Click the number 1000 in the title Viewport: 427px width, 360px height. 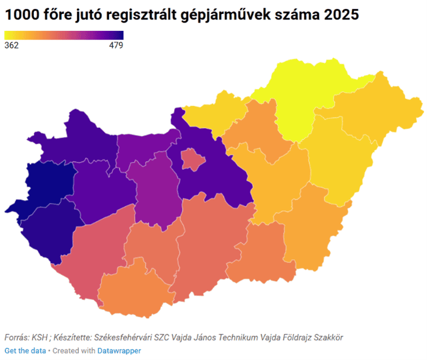click(22, 15)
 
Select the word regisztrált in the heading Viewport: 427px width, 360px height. click(141, 15)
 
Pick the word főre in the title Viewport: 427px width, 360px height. click(57, 15)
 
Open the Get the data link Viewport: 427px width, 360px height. click(25, 350)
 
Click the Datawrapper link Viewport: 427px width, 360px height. click(119, 350)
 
